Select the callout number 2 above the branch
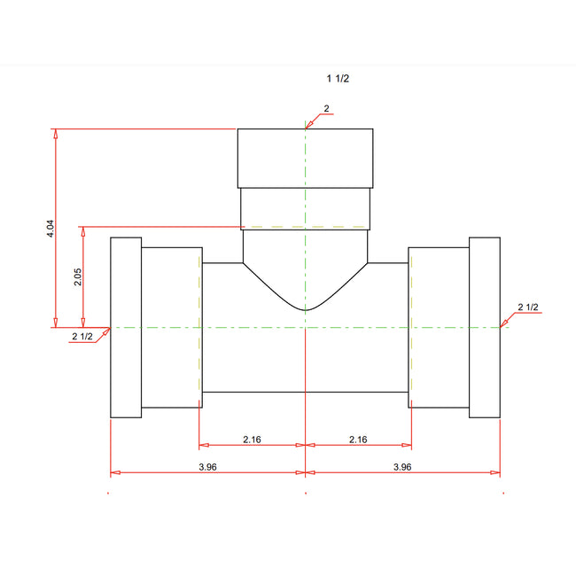click(326, 108)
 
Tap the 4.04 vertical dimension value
click(51, 229)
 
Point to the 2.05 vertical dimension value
click(78, 276)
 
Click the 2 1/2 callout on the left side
click(82, 336)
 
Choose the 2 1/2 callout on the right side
click(528, 307)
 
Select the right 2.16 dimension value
click(358, 439)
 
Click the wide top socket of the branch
click(305, 158)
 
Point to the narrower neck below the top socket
click(305, 207)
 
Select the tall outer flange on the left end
click(125, 327)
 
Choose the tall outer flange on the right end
click(485, 327)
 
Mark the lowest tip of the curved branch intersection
click(305, 310)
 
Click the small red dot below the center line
click(306, 493)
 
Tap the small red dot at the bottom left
click(109, 493)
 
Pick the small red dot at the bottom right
click(502, 493)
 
